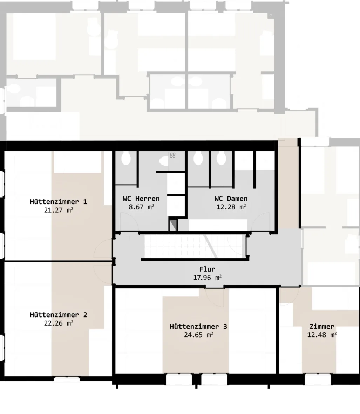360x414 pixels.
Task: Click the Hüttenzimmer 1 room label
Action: coord(58,202)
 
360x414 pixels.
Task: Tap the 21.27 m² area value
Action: coord(59,210)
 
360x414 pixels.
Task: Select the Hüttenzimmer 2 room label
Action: coord(58,315)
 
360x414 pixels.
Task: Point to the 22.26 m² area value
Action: coord(59,323)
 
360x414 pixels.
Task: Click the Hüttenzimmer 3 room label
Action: coord(198,326)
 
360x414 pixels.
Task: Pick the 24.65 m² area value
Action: coord(199,335)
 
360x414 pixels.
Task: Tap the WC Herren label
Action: coord(141,199)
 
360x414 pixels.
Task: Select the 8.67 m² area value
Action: coord(141,207)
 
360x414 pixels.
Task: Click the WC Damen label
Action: coord(231,199)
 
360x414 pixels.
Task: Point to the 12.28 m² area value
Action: coord(231,207)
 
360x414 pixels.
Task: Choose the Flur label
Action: coord(207,269)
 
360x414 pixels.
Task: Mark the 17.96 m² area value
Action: coord(207,278)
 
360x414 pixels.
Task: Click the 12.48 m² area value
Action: coord(322,335)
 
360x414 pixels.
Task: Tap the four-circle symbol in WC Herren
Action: coord(173,155)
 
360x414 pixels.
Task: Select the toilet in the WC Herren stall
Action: coord(126,159)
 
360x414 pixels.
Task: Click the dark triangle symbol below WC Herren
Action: coord(174,225)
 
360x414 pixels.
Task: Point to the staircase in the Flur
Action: coord(195,247)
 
